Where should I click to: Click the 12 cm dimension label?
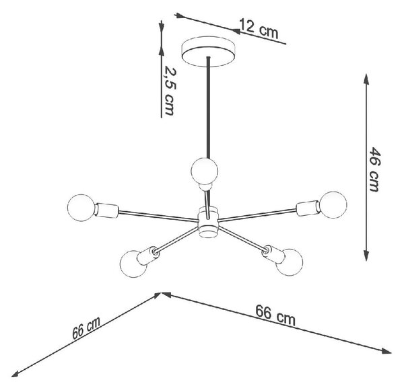pyautogui.click(x=259, y=28)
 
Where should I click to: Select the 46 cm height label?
pyautogui.click(x=374, y=169)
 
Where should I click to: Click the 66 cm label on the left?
pyautogui.click(x=86, y=327)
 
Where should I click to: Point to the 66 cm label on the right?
pyautogui.click(x=275, y=315)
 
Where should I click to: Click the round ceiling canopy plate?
pyautogui.click(x=209, y=52)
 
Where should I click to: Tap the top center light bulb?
pyautogui.click(x=205, y=171)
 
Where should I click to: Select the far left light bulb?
pyautogui.click(x=81, y=208)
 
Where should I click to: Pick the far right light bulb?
pyautogui.click(x=333, y=205)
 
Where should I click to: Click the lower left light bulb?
pyautogui.click(x=133, y=264)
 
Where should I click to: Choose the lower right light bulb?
pyautogui.click(x=290, y=262)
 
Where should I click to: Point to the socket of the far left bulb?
pyautogui.click(x=106, y=210)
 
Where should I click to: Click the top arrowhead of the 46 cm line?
pyautogui.click(x=366, y=79)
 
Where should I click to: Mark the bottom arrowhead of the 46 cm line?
pyautogui.click(x=366, y=256)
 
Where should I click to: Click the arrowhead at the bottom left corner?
pyautogui.click(x=16, y=375)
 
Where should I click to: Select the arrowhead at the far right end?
pyautogui.click(x=386, y=352)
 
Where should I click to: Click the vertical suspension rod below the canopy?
pyautogui.click(x=209, y=108)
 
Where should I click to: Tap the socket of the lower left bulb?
pyautogui.click(x=148, y=256)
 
